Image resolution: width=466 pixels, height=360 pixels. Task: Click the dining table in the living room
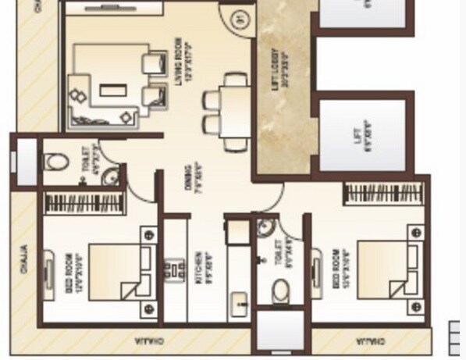[x=233, y=112]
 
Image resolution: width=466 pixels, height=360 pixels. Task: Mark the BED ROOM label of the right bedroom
[x=337, y=267]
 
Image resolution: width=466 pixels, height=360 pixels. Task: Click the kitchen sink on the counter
[x=240, y=301]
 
